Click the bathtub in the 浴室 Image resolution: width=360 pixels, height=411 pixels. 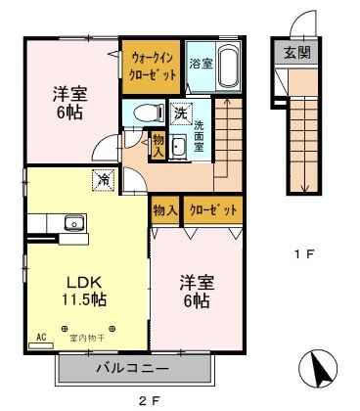(231, 68)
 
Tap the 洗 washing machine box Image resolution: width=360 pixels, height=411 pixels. (181, 114)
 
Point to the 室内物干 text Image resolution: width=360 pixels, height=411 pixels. (85, 339)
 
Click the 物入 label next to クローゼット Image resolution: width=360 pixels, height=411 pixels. (164, 209)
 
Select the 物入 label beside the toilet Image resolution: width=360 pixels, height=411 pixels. (158, 146)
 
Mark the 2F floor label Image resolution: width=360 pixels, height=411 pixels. (146, 399)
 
